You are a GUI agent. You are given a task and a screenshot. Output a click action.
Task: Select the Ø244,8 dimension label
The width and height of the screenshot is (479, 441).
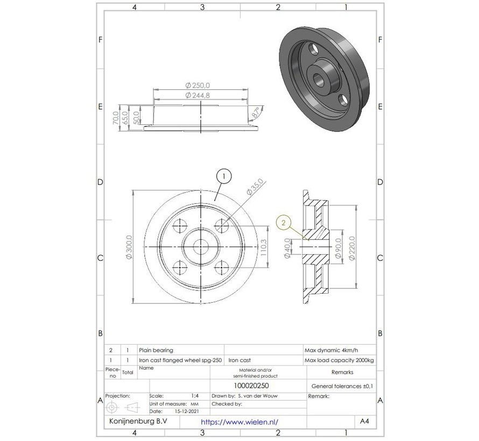coord(198,95)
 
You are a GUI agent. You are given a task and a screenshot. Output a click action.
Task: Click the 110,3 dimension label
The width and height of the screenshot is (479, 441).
coord(264,247)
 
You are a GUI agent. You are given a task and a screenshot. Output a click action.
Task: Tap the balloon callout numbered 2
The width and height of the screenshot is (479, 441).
coord(284,220)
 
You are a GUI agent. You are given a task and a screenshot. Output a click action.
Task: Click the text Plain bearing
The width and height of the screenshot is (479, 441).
coord(156,349)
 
